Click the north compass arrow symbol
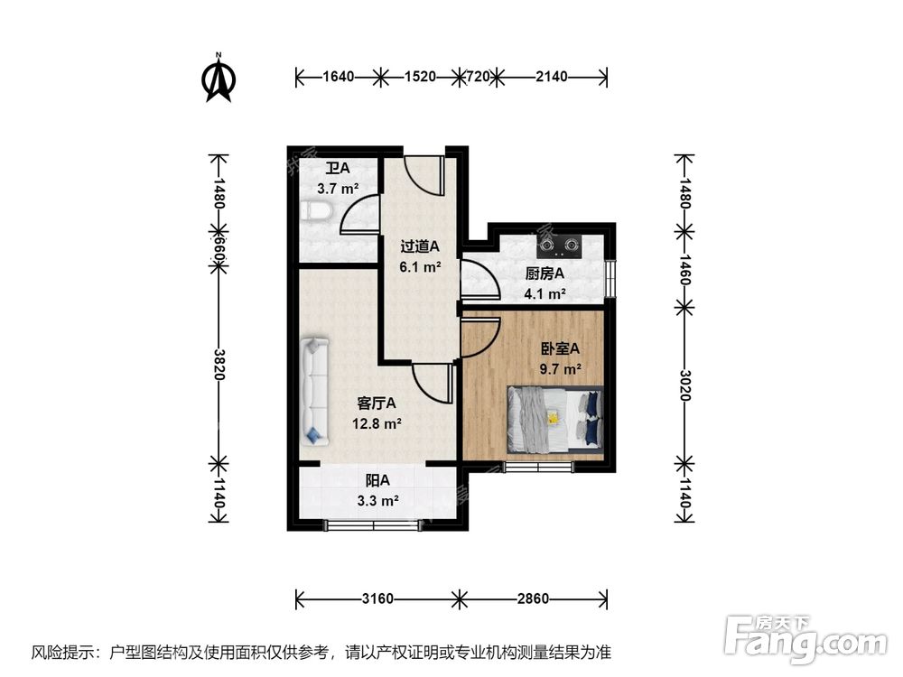pos(218,79)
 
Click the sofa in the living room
pos(315,391)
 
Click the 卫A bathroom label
pos(337,168)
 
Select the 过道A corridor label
pos(420,246)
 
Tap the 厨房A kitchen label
pos(545,274)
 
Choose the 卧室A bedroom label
pos(559,348)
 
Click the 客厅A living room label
pos(377,403)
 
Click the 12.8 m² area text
pos(377,422)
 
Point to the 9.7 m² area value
pos(559,368)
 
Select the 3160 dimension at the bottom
pos(377,598)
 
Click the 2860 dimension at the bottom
pos(534,598)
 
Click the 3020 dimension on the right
pos(684,385)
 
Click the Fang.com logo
pos(805,637)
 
